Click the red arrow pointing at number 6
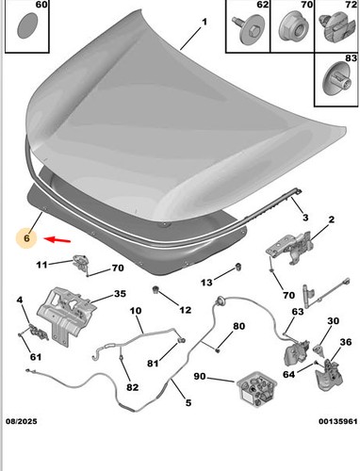pos(57,240)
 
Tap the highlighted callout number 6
pos(26,238)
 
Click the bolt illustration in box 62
pos(247,30)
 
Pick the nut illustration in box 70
pos(292,30)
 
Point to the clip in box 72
pos(335,27)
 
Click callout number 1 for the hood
pos(205,22)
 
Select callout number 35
pos(120,294)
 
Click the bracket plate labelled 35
pos(67,315)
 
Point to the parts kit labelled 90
pos(257,389)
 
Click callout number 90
pos(200,376)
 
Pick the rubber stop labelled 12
pos(155,289)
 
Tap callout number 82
pos(132,387)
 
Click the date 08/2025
pos(22,421)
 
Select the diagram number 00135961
pos(338,421)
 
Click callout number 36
pos(346,342)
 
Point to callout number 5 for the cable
pos(188,402)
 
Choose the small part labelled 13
pos(238,268)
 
